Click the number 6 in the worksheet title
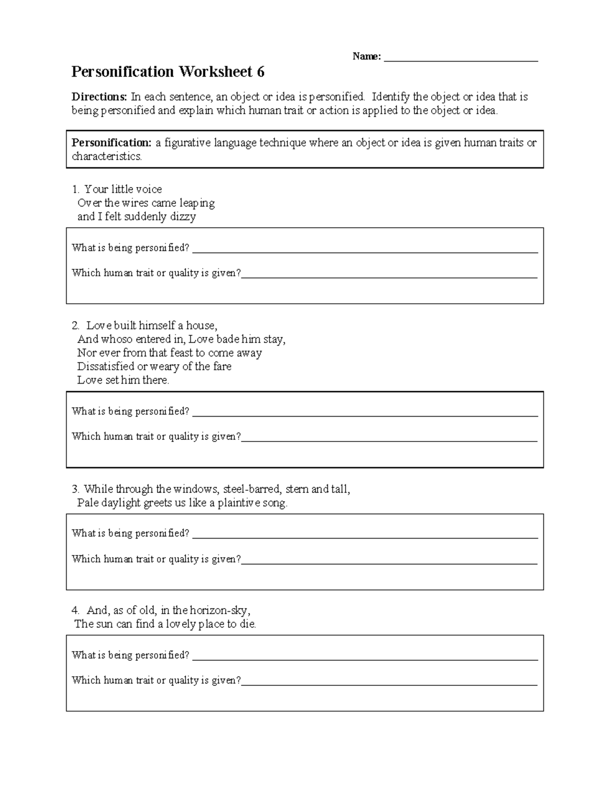pyautogui.click(x=260, y=72)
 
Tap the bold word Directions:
pyautogui.click(x=99, y=97)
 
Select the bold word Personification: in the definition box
pyautogui.click(x=111, y=143)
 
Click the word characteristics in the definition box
pyautogui.click(x=106, y=156)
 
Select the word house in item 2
pyautogui.click(x=201, y=326)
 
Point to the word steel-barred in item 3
pyautogui.click(x=252, y=489)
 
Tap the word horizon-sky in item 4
pyautogui.click(x=219, y=611)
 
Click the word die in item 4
pyautogui.click(x=248, y=624)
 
